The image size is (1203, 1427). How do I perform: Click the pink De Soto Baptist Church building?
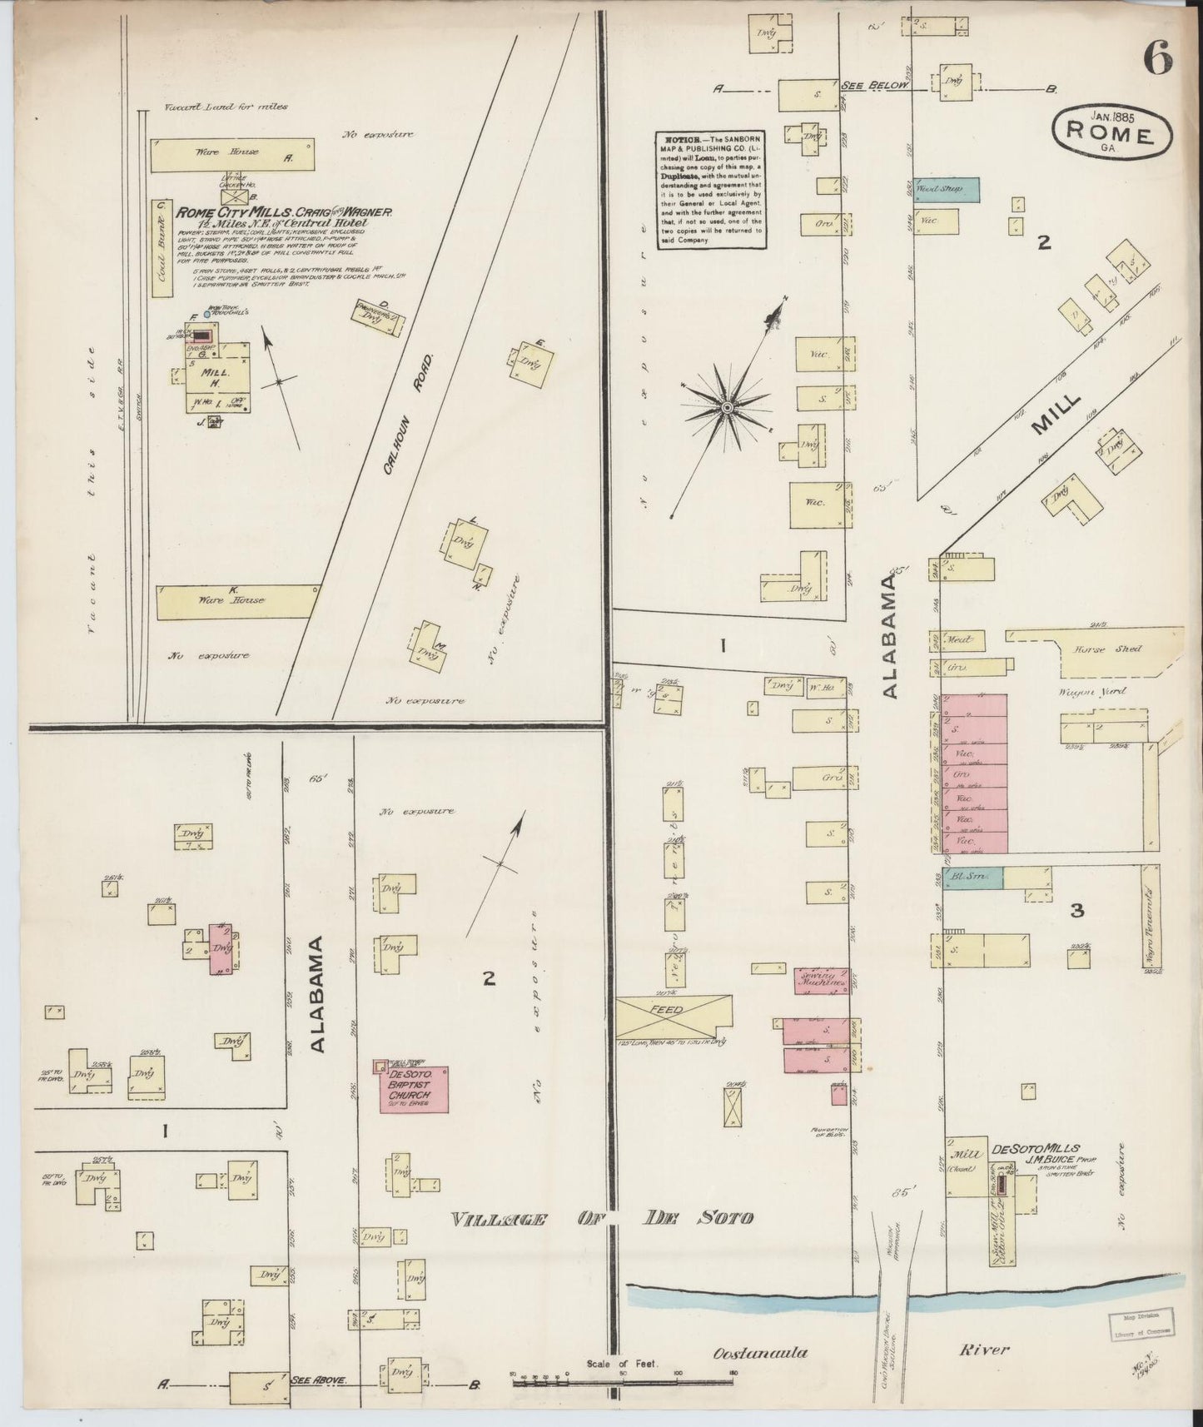pyautogui.click(x=414, y=1088)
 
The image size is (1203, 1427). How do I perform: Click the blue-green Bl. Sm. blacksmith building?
pyautogui.click(x=971, y=878)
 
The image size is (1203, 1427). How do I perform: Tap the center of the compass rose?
pyautogui.click(x=726, y=407)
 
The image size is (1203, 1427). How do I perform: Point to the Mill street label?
pyautogui.click(x=1056, y=415)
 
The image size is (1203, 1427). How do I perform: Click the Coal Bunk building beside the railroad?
pyautogui.click(x=162, y=250)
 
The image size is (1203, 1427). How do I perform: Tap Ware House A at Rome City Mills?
pyautogui.click(x=232, y=154)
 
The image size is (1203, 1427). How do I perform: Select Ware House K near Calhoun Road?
pyautogui.click(x=236, y=600)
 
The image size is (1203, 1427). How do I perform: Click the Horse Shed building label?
pyautogui.click(x=1107, y=649)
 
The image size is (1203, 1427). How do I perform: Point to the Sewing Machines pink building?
pyautogui.click(x=820, y=979)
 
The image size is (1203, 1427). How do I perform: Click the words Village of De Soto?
pyautogui.click(x=602, y=1219)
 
